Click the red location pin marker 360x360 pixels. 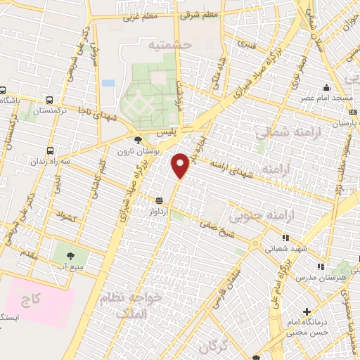[x=181, y=165]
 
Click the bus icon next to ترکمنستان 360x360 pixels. [x=49, y=100]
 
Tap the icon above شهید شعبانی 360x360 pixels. [x=285, y=238]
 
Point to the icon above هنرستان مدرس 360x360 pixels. [x=321, y=266]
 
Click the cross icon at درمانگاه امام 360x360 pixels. [x=307, y=311]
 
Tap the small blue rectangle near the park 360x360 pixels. [x=108, y=83]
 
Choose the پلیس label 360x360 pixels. [x=165, y=131]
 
